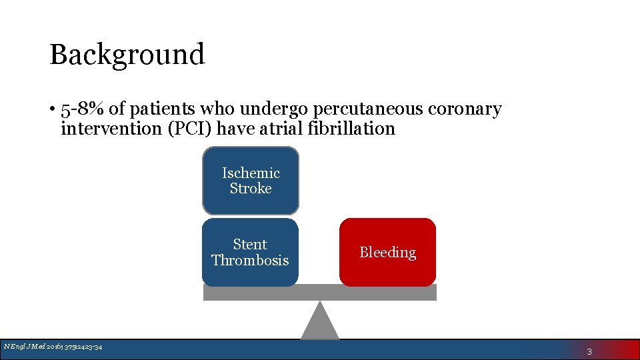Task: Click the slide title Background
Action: [127, 55]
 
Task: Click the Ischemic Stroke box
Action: [251, 181]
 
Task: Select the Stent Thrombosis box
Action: [250, 252]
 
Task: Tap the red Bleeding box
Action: [387, 252]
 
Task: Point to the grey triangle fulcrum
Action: [320, 323]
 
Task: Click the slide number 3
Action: [589, 351]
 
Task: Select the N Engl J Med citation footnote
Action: [53, 346]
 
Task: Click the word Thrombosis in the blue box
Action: [250, 260]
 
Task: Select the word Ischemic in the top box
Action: [251, 173]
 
